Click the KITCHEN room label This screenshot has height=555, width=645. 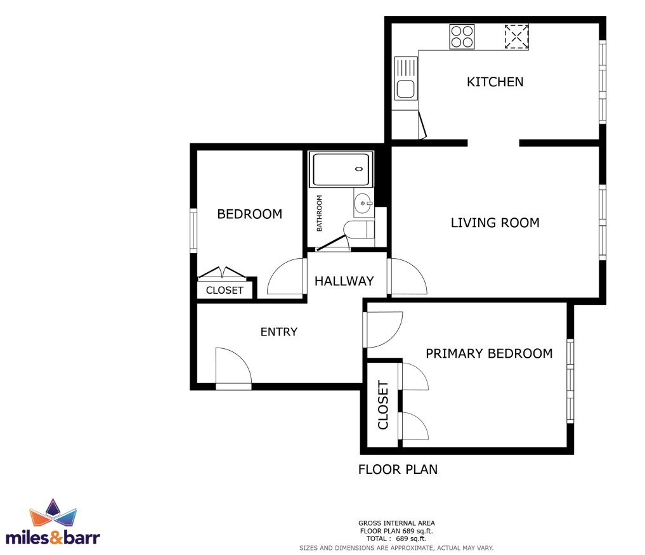coord(495,82)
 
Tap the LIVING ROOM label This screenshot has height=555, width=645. coord(495,223)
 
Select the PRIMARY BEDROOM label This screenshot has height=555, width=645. coord(489,353)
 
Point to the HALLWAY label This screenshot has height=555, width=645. coord(344,281)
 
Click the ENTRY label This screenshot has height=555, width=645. coord(279,332)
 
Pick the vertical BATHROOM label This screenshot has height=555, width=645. coord(319,213)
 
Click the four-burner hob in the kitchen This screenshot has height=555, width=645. coord(462,37)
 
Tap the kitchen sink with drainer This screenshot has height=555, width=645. coord(406,78)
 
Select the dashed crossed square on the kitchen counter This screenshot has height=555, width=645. coord(517,37)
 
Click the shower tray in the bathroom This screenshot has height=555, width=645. coord(341,169)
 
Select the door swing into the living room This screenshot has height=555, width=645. coord(407,276)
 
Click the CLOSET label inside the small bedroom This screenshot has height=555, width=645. coord(225,290)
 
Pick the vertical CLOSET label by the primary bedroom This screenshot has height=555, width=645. coord(383,405)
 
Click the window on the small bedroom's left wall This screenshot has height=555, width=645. coord(193,230)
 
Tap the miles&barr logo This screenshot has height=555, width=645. coord(53,523)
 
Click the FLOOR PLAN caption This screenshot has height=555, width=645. coord(398,469)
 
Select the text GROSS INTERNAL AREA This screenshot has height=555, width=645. coord(396,523)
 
